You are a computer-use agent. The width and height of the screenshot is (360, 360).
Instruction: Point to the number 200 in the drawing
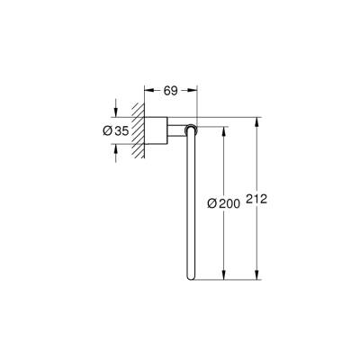229,202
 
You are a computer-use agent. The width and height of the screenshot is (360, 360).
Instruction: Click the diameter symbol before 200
213,202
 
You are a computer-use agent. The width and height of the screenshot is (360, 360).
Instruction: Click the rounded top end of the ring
190,130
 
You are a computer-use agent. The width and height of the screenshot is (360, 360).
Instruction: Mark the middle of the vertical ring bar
191,204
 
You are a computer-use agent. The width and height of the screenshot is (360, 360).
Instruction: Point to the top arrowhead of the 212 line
257,120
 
